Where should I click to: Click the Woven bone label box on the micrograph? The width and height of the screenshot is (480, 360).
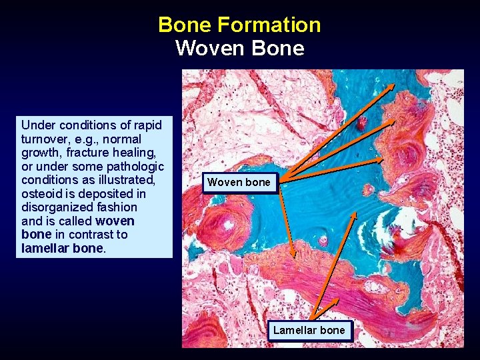pos(239,182)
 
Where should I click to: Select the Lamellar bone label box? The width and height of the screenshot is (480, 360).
pos(309,330)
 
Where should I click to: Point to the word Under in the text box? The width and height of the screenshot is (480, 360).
pos(37,125)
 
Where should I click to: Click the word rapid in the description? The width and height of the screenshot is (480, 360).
pos(147,125)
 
